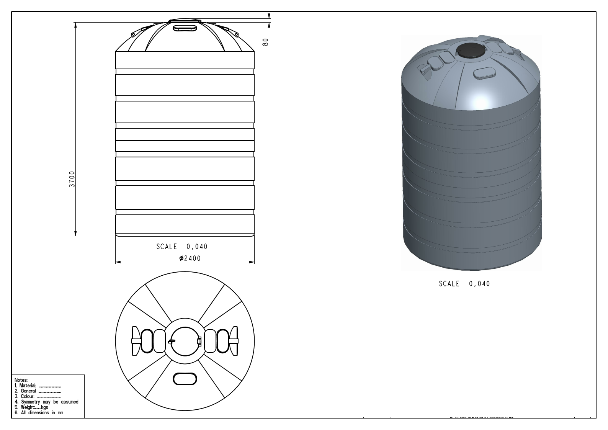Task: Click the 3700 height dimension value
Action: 72,179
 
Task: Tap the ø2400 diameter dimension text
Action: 190,258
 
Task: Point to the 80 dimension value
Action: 265,42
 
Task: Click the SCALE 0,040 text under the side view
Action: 181,247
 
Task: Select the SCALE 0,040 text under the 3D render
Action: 464,284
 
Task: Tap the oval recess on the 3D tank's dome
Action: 484,73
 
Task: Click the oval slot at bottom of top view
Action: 185,379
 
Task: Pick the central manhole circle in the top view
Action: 185,341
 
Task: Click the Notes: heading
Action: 21,380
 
